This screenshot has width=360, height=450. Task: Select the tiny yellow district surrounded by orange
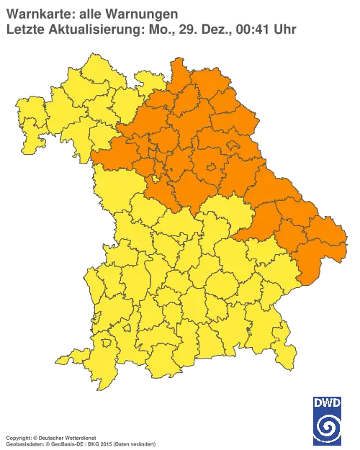click(x=156, y=179)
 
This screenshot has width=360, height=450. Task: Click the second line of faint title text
click(x=151, y=29)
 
